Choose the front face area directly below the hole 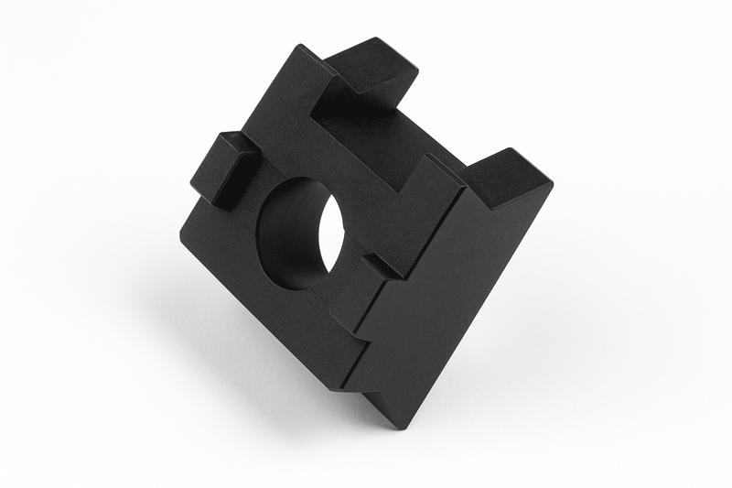[293, 311]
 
